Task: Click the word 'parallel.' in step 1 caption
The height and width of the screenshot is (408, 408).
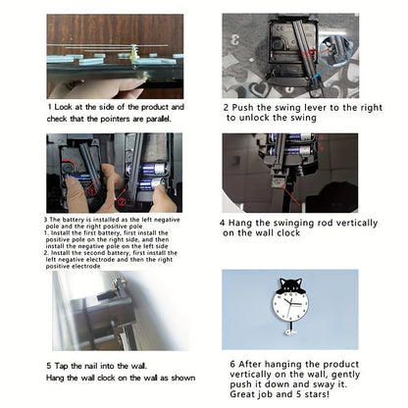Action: tap(158, 119)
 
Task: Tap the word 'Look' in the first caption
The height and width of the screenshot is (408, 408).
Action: tap(64, 107)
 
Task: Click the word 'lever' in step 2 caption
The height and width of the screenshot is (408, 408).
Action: tap(315, 108)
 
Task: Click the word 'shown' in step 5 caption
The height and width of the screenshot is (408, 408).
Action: tap(183, 378)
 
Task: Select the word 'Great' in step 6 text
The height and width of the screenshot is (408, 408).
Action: tap(241, 394)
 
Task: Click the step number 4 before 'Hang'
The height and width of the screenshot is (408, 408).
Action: tap(223, 224)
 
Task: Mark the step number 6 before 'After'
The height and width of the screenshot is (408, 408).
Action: tap(232, 364)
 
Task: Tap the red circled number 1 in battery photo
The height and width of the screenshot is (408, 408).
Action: tap(92, 191)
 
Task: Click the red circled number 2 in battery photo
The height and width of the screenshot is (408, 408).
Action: tap(121, 202)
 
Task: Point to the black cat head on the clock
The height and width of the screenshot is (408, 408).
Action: tap(290, 285)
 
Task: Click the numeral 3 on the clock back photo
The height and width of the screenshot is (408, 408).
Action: tap(234, 40)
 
